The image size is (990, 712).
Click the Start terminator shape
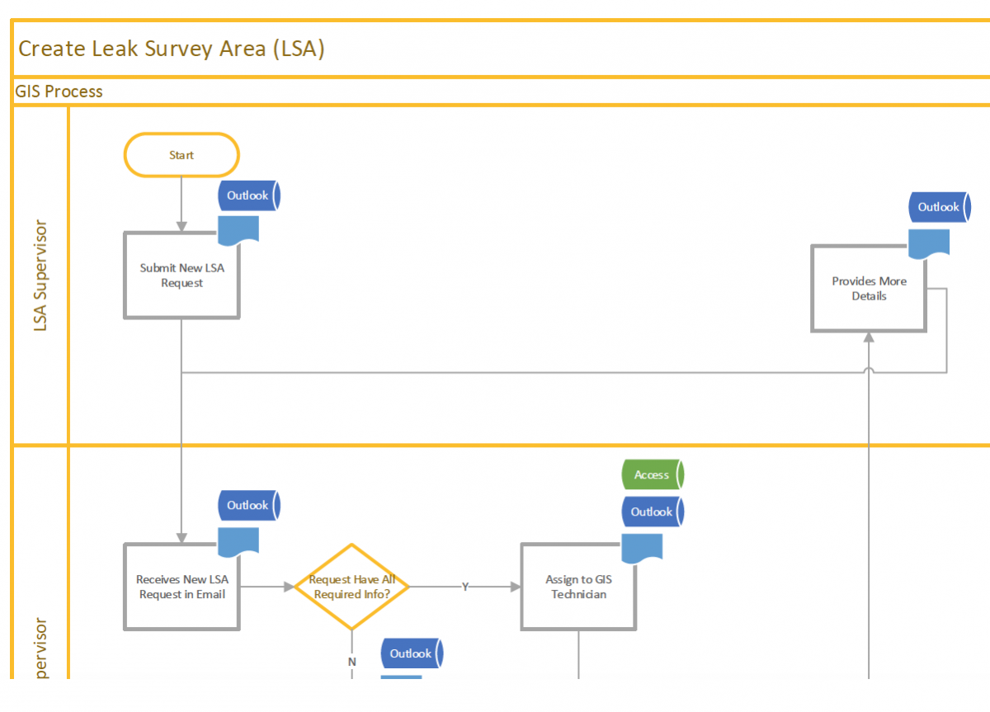pyautogui.click(x=181, y=155)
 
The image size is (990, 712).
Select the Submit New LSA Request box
pyautogui.click(x=181, y=276)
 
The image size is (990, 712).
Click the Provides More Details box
pyautogui.click(x=869, y=289)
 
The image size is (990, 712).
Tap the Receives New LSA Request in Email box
pyautogui.click(x=181, y=587)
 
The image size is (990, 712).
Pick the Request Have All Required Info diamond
pyautogui.click(x=351, y=587)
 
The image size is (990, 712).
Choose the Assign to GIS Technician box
pyautogui.click(x=577, y=587)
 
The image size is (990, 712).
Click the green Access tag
pyautogui.click(x=652, y=475)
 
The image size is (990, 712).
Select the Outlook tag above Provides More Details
pyautogui.click(x=939, y=207)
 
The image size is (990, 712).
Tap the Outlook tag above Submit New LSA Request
pyautogui.click(x=248, y=196)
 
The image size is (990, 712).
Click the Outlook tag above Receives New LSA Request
pyautogui.click(x=248, y=505)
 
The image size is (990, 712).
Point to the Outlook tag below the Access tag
pyautogui.click(x=652, y=512)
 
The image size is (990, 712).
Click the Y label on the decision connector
pyautogui.click(x=465, y=587)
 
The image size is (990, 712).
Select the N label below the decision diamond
pyautogui.click(x=351, y=662)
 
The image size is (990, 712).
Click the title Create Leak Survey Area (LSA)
pyautogui.click(x=172, y=49)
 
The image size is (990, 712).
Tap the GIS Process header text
pyautogui.click(x=59, y=92)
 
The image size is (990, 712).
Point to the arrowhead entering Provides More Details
pyautogui.click(x=869, y=337)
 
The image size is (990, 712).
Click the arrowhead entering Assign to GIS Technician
pyautogui.click(x=516, y=587)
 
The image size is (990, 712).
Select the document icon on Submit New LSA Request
pyautogui.click(x=238, y=230)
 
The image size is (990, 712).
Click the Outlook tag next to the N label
pyautogui.click(x=411, y=653)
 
